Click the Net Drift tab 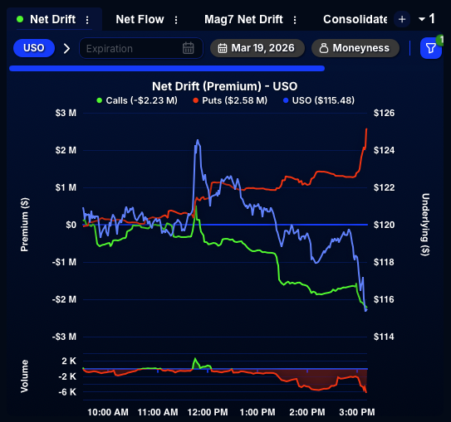[51, 19]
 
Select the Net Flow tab [140, 19]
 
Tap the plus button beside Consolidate [402, 19]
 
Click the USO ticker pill [34, 48]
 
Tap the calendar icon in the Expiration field [189, 48]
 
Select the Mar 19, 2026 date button [257, 48]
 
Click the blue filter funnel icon [430, 48]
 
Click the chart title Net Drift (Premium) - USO [225, 85]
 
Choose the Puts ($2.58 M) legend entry [230, 100]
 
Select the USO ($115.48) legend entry [318, 100]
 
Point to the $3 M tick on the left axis [66, 113]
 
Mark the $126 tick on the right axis [385, 113]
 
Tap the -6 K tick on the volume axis [67, 392]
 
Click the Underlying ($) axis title [425, 224]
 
